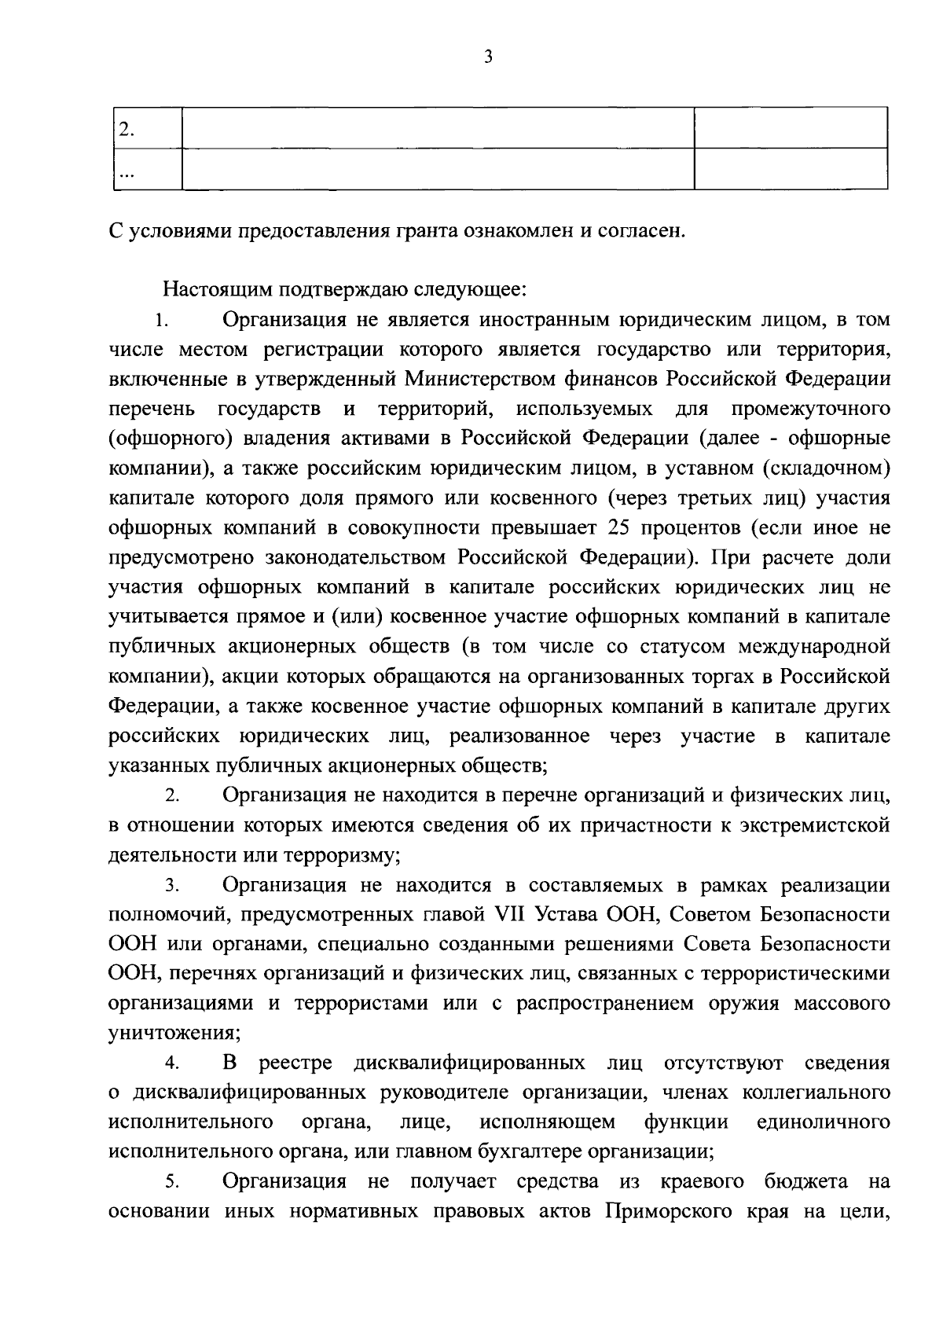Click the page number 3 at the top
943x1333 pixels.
[x=488, y=57]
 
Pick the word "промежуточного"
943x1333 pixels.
[x=810, y=409]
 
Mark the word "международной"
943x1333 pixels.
[x=814, y=647]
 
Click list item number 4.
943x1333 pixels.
[x=172, y=1064]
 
